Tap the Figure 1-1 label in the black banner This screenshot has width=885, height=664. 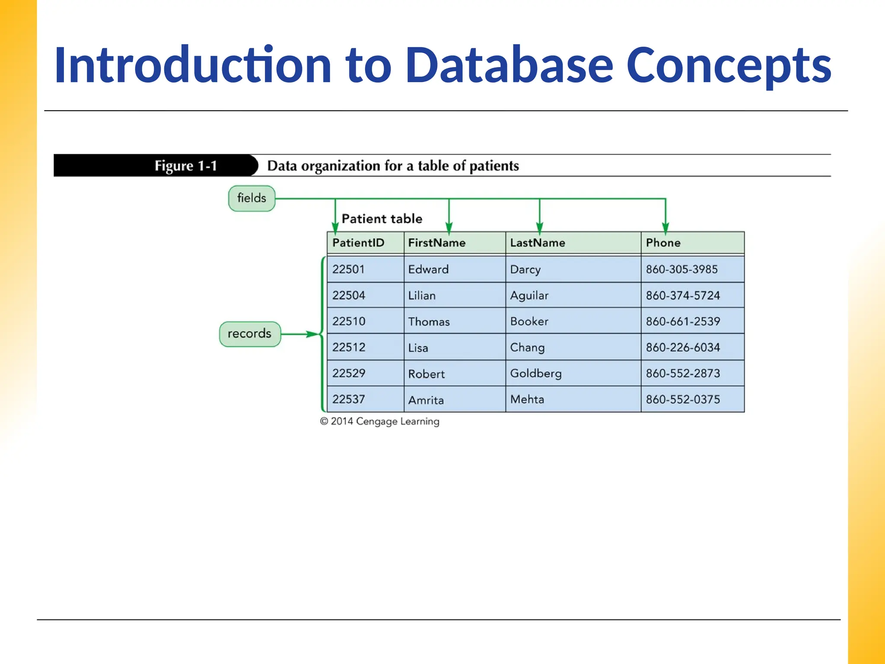click(185, 166)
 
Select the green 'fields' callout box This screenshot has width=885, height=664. click(251, 198)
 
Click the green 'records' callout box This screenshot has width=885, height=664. click(250, 334)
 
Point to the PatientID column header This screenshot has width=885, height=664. click(358, 243)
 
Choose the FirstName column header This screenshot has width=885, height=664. click(436, 243)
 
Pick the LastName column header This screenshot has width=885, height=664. click(537, 243)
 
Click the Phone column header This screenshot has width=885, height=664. click(663, 243)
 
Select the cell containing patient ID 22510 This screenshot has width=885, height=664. click(349, 321)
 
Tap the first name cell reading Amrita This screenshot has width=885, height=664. click(426, 400)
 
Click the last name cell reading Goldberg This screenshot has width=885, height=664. click(535, 373)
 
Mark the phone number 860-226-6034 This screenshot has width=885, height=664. click(683, 347)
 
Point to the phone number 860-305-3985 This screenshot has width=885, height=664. click(681, 269)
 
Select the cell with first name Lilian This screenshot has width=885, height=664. click(422, 296)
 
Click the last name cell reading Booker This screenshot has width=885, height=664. click(529, 321)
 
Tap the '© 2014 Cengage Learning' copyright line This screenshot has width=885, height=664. click(379, 421)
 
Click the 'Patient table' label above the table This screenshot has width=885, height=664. click(382, 219)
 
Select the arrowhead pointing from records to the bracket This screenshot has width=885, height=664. click(312, 334)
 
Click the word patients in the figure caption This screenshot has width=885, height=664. click(494, 166)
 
